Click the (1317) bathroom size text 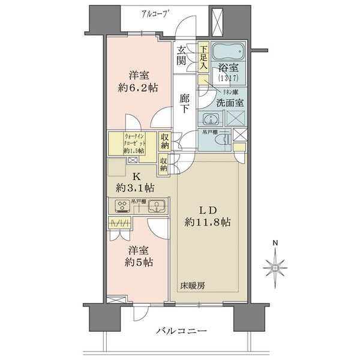coord(229,77)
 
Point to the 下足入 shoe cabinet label coord(204,58)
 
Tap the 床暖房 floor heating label coord(192,285)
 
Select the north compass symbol coord(275,265)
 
